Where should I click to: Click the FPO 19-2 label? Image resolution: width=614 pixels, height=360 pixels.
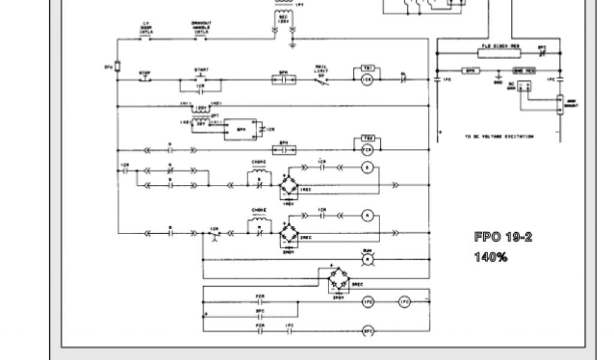pos(503,237)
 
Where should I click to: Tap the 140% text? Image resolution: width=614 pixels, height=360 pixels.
pos(491,257)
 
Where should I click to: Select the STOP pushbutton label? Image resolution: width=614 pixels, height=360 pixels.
pos(145,73)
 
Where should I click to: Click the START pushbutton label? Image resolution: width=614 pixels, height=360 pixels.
pos(201,70)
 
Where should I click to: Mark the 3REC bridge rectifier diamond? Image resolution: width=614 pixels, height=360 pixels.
pos(339,280)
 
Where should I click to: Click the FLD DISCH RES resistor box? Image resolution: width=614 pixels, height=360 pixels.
pos(501,51)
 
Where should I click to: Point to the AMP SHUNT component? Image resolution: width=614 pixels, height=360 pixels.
pos(560,106)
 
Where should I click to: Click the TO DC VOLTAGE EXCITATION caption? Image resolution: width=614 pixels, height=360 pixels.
pos(498,137)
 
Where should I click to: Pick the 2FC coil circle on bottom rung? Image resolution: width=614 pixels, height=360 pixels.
pos(369,331)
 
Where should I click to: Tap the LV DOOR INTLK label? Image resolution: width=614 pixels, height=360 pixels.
pos(146,28)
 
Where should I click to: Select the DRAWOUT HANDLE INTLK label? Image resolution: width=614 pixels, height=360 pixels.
pos(201,28)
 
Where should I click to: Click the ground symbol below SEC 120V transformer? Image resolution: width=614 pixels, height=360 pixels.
pos(292,44)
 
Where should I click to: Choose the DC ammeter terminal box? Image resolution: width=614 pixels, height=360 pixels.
pos(525,86)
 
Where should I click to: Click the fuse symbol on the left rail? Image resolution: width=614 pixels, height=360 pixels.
pos(118,66)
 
